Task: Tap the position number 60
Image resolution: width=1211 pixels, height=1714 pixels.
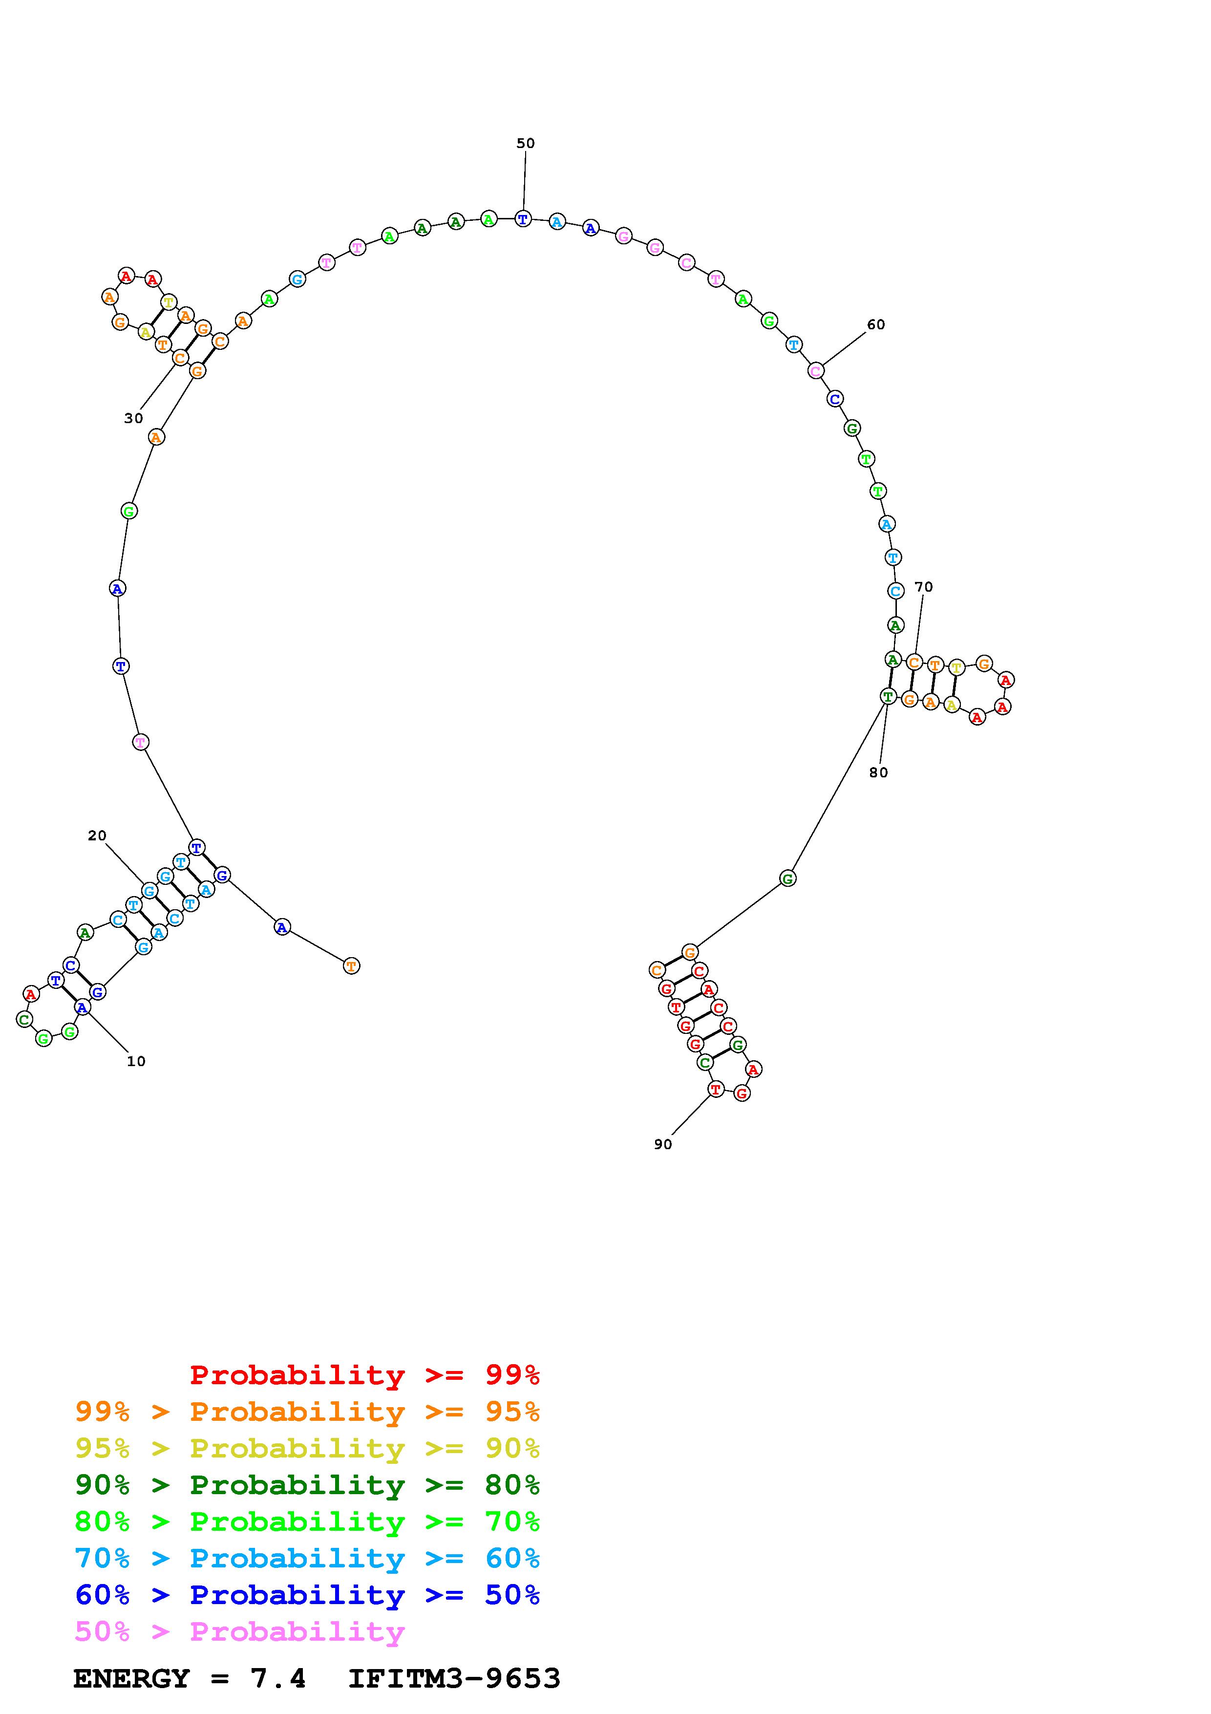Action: (876, 325)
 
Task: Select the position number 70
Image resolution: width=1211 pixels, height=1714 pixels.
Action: (924, 587)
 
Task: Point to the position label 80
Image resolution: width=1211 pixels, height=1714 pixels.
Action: (879, 772)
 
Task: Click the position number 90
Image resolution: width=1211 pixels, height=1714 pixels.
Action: (662, 1144)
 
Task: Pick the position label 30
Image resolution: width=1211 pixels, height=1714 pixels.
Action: (133, 419)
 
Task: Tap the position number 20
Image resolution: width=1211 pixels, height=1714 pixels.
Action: (97, 836)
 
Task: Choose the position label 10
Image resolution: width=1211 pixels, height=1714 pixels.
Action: (136, 1062)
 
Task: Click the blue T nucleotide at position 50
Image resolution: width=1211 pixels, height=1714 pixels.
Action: (523, 219)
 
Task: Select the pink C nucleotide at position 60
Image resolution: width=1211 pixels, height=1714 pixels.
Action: (816, 370)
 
